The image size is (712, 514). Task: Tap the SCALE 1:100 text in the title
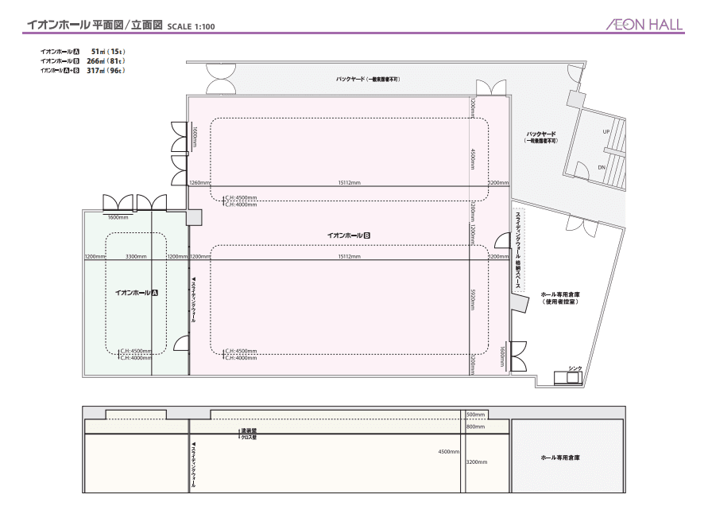pos(192,26)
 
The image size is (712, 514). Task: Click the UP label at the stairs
pos(606,131)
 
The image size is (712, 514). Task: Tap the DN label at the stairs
pos(602,167)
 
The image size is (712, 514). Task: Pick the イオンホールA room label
pos(137,293)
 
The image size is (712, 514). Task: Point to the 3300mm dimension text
pos(136,257)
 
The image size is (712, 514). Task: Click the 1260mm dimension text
pos(199,182)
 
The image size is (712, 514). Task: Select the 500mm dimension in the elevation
pos(475,415)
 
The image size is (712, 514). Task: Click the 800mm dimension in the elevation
pos(475,426)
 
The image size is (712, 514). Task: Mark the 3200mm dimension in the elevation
pos(477,461)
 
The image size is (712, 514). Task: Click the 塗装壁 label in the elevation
pos(249,430)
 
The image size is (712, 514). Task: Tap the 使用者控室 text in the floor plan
pos(559,302)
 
